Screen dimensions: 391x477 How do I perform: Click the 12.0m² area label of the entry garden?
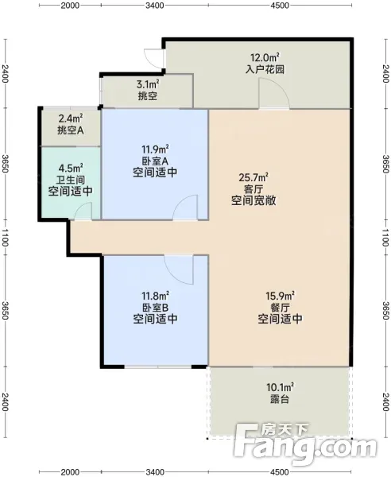tap(265, 57)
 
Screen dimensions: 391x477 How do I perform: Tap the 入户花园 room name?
tap(265, 69)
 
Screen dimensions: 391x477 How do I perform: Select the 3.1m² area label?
tap(148, 84)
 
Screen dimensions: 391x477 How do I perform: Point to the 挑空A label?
tap(71, 130)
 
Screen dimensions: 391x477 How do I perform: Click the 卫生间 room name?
tap(71, 180)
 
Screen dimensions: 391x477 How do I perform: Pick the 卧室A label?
tap(155, 161)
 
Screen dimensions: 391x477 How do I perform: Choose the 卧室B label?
tap(155, 307)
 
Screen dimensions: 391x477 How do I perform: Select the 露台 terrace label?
tap(280, 399)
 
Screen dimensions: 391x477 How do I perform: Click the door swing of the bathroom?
tap(83, 211)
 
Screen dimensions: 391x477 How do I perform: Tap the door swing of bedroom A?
tap(185, 207)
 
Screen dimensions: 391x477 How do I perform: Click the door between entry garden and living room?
tap(273, 93)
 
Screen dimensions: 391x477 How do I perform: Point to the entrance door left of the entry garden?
tap(154, 59)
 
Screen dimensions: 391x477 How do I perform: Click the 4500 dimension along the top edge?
tap(280, 6)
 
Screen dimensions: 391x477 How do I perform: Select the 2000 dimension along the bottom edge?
tap(70, 472)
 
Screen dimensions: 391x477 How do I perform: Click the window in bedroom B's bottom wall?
tap(158, 367)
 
